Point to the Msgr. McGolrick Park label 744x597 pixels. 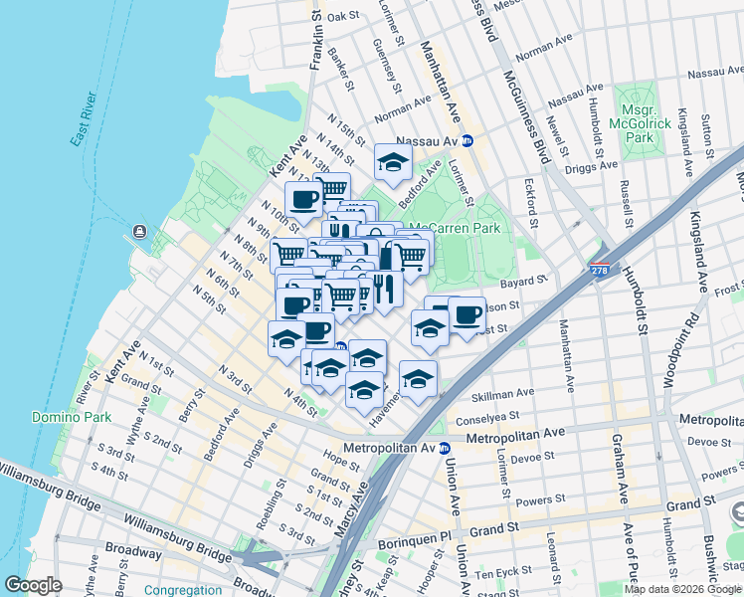pyautogui.click(x=646, y=125)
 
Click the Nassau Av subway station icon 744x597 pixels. pyautogui.click(x=466, y=141)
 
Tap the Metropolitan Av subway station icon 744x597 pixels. pyautogui.click(x=444, y=449)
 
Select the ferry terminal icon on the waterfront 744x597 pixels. pyautogui.click(x=138, y=233)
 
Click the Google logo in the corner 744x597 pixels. pyautogui.click(x=33, y=585)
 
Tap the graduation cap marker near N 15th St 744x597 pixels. pyautogui.click(x=393, y=162)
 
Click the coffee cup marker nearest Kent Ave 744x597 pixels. pyautogui.click(x=303, y=199)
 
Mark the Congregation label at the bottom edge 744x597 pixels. pyautogui.click(x=182, y=590)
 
